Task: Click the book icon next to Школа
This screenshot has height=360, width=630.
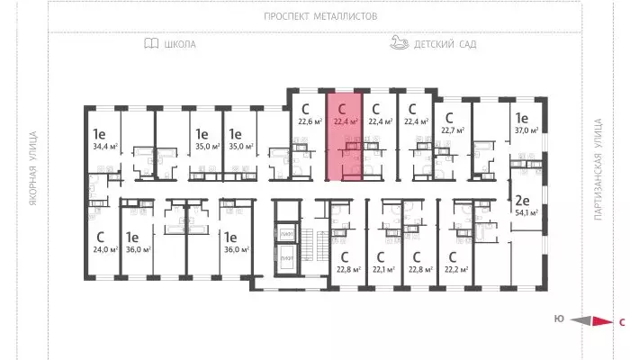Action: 150,43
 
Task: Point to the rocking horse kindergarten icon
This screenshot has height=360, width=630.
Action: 400,42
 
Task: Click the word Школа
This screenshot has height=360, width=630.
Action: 180,43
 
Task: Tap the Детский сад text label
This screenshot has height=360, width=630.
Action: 445,43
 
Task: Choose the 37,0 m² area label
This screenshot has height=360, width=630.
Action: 526,130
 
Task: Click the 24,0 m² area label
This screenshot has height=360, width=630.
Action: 104,249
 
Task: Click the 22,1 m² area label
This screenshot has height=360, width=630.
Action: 384,267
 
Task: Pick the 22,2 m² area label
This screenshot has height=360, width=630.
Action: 456,267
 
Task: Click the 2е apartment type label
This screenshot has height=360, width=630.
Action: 521,201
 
